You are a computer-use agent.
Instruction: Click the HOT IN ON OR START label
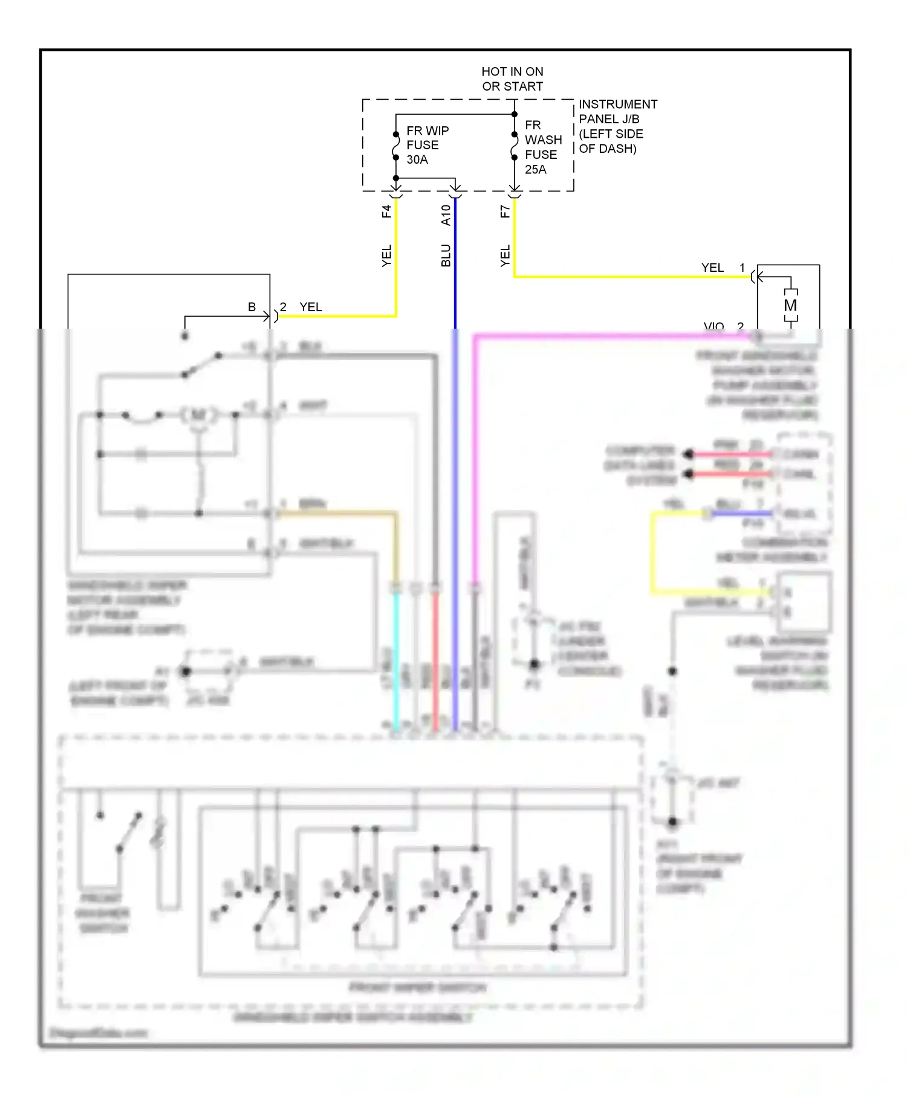click(x=512, y=79)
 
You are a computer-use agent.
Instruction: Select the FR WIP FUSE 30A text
click(x=427, y=145)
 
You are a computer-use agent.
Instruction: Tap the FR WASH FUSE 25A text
click(x=542, y=147)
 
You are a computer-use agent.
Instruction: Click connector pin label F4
click(x=386, y=211)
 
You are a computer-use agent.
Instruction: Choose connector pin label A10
click(x=446, y=215)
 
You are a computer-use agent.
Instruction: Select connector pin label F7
click(x=505, y=211)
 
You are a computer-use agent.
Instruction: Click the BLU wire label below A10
click(x=446, y=256)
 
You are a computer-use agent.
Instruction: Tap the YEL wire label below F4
click(x=386, y=256)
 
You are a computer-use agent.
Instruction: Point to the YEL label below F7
click(x=505, y=256)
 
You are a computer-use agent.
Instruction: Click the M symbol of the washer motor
click(x=790, y=306)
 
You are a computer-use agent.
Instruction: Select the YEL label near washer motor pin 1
click(x=712, y=268)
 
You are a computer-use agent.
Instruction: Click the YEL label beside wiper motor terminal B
click(x=311, y=307)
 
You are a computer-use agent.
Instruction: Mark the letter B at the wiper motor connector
click(x=252, y=307)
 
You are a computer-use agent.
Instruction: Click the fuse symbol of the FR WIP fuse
click(x=396, y=146)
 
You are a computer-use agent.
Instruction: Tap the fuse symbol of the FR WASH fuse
click(x=514, y=146)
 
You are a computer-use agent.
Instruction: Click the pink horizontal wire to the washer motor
click(x=605, y=336)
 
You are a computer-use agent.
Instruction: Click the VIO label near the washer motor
click(x=714, y=326)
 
